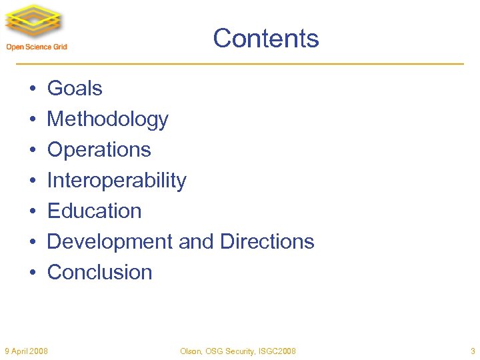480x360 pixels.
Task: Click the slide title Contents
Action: [x=266, y=39]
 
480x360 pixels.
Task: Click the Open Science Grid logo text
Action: [x=37, y=47]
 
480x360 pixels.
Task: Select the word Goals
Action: [x=75, y=89]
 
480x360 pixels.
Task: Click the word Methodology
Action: [x=107, y=120]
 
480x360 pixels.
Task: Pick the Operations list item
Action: [x=99, y=150]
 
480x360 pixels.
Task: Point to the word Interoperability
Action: [x=117, y=181]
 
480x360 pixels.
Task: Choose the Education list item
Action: [x=94, y=211]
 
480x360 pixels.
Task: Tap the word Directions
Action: [x=267, y=241]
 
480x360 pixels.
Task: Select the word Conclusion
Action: [x=99, y=272]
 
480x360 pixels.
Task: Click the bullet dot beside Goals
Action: [x=32, y=89]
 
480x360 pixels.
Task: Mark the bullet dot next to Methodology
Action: [x=32, y=120]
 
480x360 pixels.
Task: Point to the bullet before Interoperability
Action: [x=32, y=181]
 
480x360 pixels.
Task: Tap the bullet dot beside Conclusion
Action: [x=32, y=273]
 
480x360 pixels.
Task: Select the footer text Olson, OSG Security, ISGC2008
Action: [x=238, y=351]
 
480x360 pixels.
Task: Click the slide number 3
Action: [x=473, y=351]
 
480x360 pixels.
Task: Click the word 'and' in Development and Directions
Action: [x=196, y=241]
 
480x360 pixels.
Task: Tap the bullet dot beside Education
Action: [x=32, y=212]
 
